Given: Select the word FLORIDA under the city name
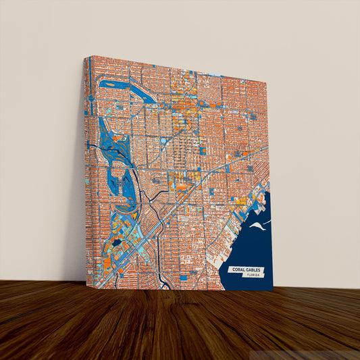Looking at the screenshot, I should point(254,276).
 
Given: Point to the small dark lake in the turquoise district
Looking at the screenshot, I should point(117,242).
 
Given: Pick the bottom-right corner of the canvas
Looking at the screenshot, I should point(273,291).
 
